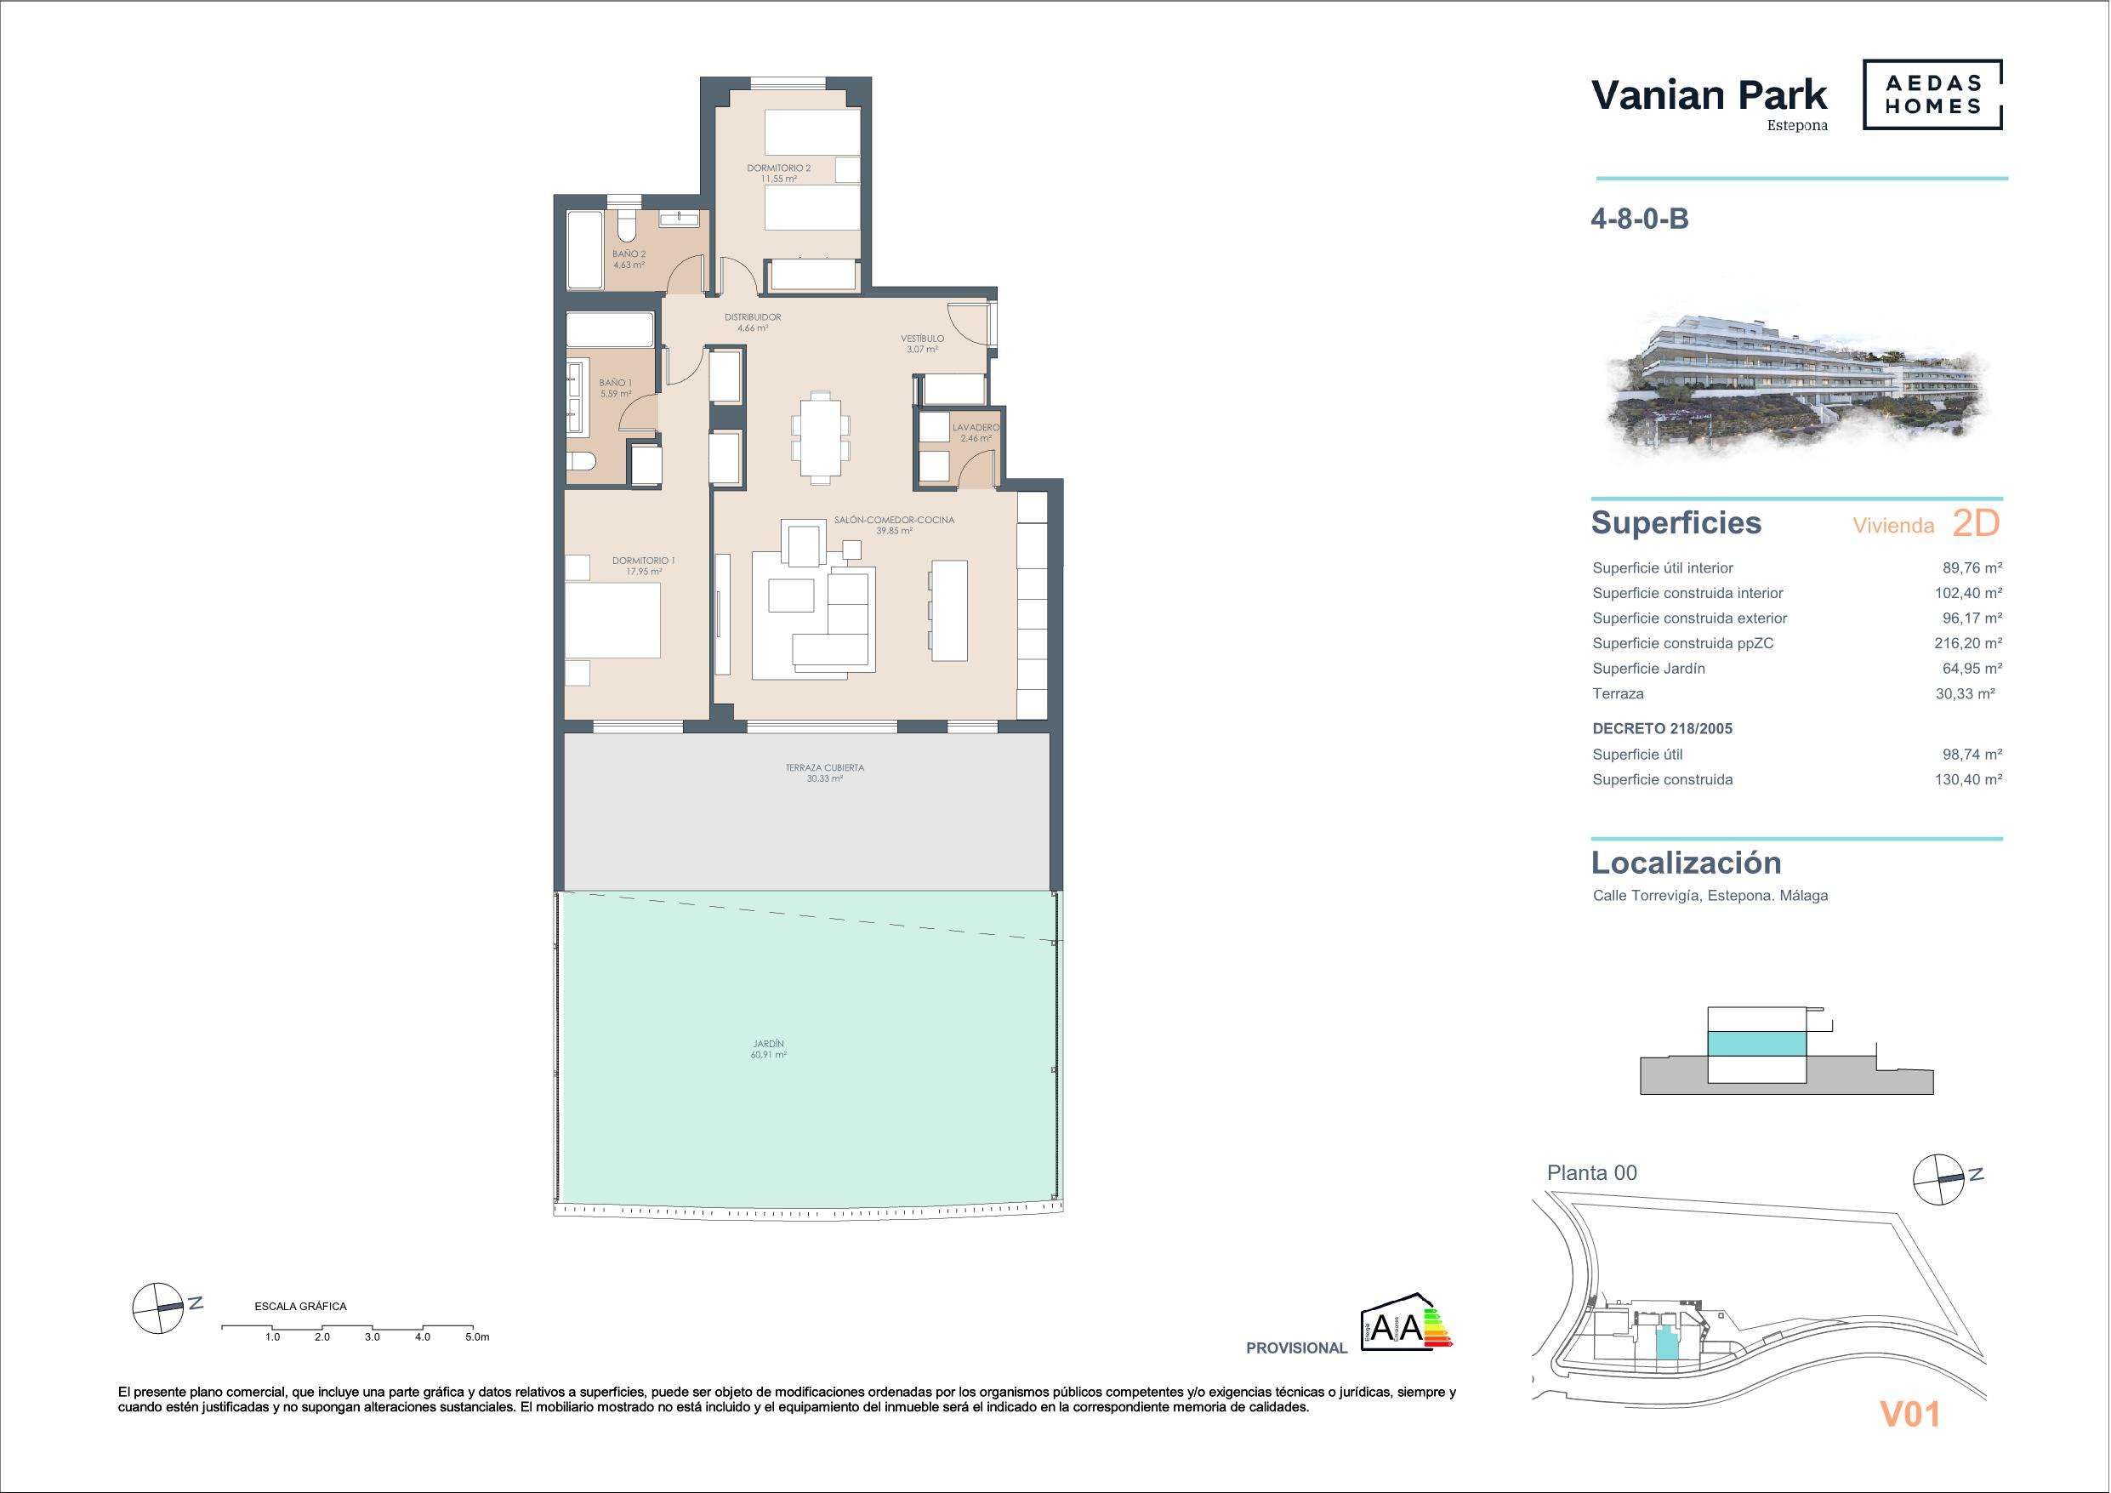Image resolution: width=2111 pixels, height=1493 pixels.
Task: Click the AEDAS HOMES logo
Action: click(1932, 94)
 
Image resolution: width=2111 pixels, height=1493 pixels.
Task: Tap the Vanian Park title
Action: click(1710, 94)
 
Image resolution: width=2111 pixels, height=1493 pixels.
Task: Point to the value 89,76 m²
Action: click(1972, 567)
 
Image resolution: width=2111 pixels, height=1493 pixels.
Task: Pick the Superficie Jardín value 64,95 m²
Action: click(1972, 668)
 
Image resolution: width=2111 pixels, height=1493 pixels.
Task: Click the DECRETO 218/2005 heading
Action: click(1662, 728)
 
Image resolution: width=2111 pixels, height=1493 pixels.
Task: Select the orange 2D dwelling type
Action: click(1976, 523)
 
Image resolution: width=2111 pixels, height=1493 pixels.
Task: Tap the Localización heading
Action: click(1687, 863)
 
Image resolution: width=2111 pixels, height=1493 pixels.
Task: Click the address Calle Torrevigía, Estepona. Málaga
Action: click(1710, 895)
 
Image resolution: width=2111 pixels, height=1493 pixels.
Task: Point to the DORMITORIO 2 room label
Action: click(779, 168)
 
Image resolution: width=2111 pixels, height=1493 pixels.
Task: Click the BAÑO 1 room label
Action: click(615, 383)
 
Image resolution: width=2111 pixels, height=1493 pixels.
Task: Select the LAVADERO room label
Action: click(976, 428)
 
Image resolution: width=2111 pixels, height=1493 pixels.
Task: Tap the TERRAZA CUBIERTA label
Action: click(825, 767)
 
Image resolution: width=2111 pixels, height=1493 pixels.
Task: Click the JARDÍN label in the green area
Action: click(769, 1044)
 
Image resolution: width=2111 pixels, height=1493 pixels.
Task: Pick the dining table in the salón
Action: click(820, 438)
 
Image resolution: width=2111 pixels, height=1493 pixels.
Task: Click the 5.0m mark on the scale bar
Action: click(477, 1337)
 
